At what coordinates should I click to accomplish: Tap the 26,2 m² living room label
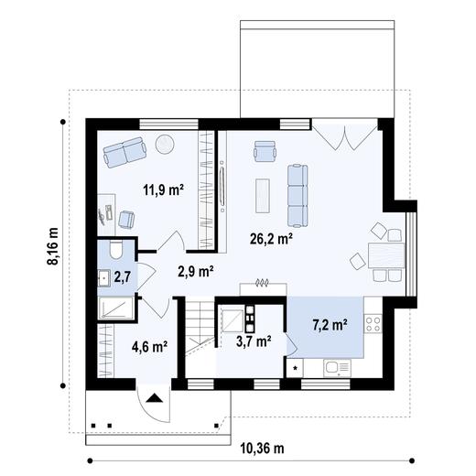pos(271,239)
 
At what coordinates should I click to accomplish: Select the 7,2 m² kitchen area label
pos(329,324)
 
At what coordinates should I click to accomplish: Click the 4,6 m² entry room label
pos(148,346)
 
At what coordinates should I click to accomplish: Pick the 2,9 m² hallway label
pos(195,271)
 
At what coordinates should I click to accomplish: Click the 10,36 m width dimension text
pos(262,448)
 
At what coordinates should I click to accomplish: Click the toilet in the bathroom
pos(115,249)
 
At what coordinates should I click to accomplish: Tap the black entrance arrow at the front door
pos(154,398)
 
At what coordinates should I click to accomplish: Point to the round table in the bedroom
pos(165,144)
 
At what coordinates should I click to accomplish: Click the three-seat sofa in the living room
pos(297,195)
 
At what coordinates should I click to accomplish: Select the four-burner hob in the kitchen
pos(373,322)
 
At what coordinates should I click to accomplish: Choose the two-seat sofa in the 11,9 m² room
pos(124,152)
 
